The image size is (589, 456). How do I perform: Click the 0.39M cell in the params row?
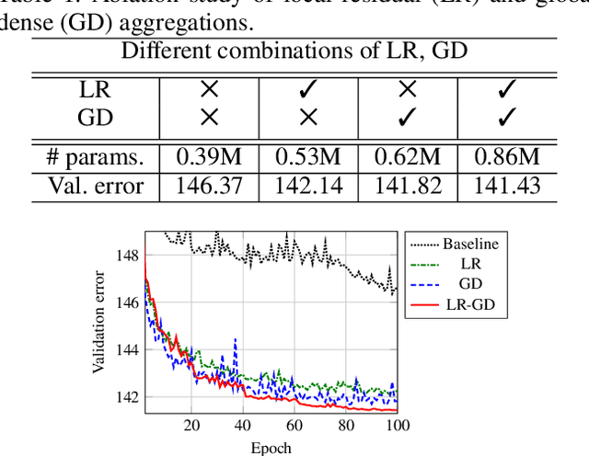(x=209, y=156)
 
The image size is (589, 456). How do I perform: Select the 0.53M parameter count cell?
(x=308, y=156)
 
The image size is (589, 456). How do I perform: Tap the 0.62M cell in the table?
(x=408, y=156)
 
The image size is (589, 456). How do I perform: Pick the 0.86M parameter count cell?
(x=507, y=156)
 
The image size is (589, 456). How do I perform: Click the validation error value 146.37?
(x=209, y=187)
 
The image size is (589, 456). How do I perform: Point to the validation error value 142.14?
(x=308, y=187)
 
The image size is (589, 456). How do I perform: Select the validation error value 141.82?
(x=408, y=187)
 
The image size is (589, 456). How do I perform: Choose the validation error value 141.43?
(x=507, y=187)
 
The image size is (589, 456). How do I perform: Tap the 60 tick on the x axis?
(x=294, y=426)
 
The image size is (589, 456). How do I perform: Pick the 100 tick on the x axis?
(x=396, y=426)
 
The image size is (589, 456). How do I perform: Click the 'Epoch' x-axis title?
(x=271, y=448)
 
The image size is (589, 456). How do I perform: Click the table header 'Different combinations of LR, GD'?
(x=294, y=51)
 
